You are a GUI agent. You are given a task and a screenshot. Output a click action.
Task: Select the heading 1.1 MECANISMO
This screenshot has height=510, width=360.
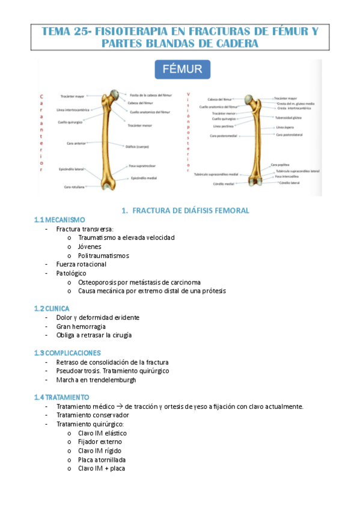(x=59, y=220)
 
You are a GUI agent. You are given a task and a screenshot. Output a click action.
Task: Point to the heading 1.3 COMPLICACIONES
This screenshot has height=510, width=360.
(x=67, y=352)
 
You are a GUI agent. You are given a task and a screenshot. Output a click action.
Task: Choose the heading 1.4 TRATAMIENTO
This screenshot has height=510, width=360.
(x=62, y=397)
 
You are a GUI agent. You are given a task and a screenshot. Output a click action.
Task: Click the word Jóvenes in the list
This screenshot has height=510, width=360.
(x=90, y=247)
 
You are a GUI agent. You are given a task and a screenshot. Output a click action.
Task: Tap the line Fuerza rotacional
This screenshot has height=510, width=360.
(x=81, y=264)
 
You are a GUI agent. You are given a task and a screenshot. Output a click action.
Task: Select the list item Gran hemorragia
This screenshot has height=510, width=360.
(x=81, y=326)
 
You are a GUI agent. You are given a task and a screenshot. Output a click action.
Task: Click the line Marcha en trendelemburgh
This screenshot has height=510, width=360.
(x=98, y=379)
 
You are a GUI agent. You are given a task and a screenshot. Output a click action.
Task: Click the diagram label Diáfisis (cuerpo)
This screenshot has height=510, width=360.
(x=138, y=146)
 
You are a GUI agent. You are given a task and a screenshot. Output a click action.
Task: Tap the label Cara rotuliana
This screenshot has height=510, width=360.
(x=76, y=187)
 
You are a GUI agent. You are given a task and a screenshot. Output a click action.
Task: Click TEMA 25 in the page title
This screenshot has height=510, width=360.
(x=64, y=31)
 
